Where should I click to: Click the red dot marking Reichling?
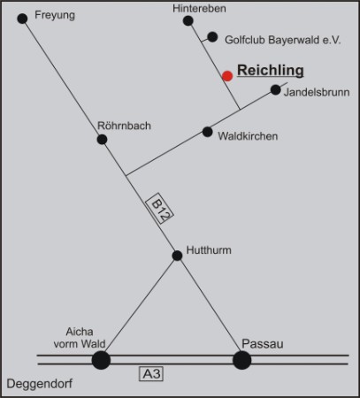pyautogui.click(x=227, y=76)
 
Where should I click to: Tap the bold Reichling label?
pyautogui.click(x=271, y=71)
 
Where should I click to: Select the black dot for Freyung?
pyautogui.click(x=22, y=19)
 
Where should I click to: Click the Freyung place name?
pyautogui.click(x=55, y=15)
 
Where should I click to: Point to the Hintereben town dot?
pyautogui.click(x=188, y=21)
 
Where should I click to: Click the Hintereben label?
pyautogui.click(x=199, y=9)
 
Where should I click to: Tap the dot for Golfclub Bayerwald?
pyautogui.click(x=212, y=37)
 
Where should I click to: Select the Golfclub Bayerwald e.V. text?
pyautogui.click(x=283, y=40)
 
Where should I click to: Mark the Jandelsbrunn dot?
pyautogui.click(x=275, y=89)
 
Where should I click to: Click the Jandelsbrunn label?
pyautogui.click(x=317, y=92)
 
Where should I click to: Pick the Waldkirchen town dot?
pyautogui.click(x=207, y=132)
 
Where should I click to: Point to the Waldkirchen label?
pyautogui.click(x=248, y=136)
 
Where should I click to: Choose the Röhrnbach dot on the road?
pyautogui.click(x=102, y=139)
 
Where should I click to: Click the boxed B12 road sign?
pyautogui.click(x=159, y=209)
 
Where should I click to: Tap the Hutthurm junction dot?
pyautogui.click(x=177, y=256)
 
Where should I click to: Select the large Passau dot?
pyautogui.click(x=242, y=360)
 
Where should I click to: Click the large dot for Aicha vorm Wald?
pyautogui.click(x=101, y=360)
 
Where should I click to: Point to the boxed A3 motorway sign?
pyautogui.click(x=151, y=374)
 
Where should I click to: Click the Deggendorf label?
pyautogui.click(x=40, y=384)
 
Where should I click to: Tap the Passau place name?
pyautogui.click(x=263, y=344)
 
